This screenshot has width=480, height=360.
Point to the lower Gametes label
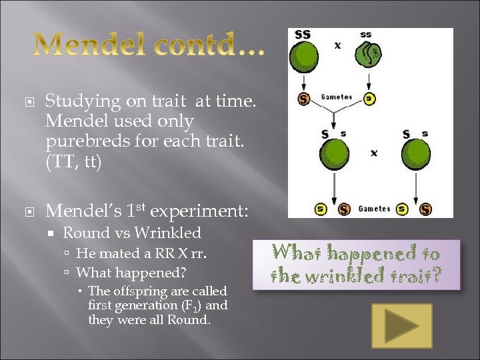pyautogui.click(x=374, y=209)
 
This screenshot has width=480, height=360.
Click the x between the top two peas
pyautogui.click(x=337, y=45)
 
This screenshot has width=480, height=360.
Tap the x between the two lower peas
pyautogui.click(x=374, y=153)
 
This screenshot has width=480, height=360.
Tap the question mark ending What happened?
pyautogui.click(x=183, y=273)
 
